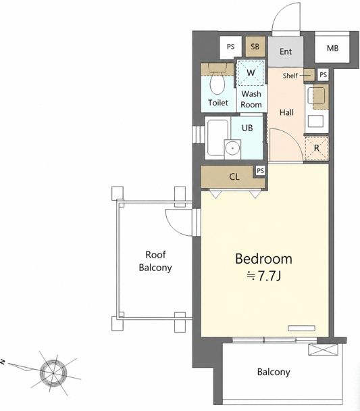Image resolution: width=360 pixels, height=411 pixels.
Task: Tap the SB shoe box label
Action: click(255, 47)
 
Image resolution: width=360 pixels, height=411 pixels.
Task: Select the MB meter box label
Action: click(332, 48)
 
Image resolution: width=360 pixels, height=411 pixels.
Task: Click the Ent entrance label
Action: click(286, 51)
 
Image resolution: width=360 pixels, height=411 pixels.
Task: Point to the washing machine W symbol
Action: click(251, 72)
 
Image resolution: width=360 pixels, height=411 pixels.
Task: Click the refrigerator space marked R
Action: click(317, 148)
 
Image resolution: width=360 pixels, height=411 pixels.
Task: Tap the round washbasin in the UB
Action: click(232, 148)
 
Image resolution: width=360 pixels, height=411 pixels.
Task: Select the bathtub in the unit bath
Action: click(218, 138)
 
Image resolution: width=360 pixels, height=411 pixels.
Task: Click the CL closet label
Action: click(234, 176)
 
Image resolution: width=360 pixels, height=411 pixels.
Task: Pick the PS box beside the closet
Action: click(260, 171)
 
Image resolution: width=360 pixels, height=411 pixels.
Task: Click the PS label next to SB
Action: click(230, 47)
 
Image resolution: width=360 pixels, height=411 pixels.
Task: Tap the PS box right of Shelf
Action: click(323, 75)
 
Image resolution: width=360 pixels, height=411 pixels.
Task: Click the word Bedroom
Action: click(263, 259)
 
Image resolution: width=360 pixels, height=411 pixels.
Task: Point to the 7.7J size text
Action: click(264, 276)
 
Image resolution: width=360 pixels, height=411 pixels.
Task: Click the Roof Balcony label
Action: click(155, 261)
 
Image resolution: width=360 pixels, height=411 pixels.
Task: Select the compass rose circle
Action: click(53, 372)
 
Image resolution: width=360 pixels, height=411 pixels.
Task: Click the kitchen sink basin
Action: click(316, 96)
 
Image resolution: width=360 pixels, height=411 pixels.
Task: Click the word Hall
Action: click(286, 113)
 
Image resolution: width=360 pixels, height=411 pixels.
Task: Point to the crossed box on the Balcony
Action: click(322, 349)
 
